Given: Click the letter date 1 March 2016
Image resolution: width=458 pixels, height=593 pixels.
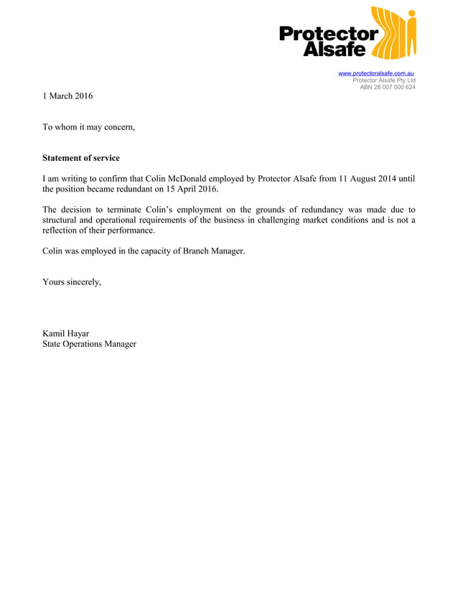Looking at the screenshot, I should click(67, 96).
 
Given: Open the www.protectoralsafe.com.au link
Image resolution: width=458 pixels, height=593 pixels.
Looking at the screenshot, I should click(375, 73).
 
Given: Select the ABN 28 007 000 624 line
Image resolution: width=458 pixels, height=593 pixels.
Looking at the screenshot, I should click(387, 88).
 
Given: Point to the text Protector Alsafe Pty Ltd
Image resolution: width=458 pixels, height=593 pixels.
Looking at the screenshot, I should click(383, 80).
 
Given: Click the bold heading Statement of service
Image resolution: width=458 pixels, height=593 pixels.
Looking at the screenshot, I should click(81, 158).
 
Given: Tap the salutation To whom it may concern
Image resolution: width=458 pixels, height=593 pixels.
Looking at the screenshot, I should click(88, 127).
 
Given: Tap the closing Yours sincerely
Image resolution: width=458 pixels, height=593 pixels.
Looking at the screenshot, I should click(72, 282).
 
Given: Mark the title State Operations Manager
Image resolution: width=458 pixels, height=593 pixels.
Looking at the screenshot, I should click(89, 345).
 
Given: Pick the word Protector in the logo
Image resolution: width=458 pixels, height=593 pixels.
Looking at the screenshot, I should click(328, 34).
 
